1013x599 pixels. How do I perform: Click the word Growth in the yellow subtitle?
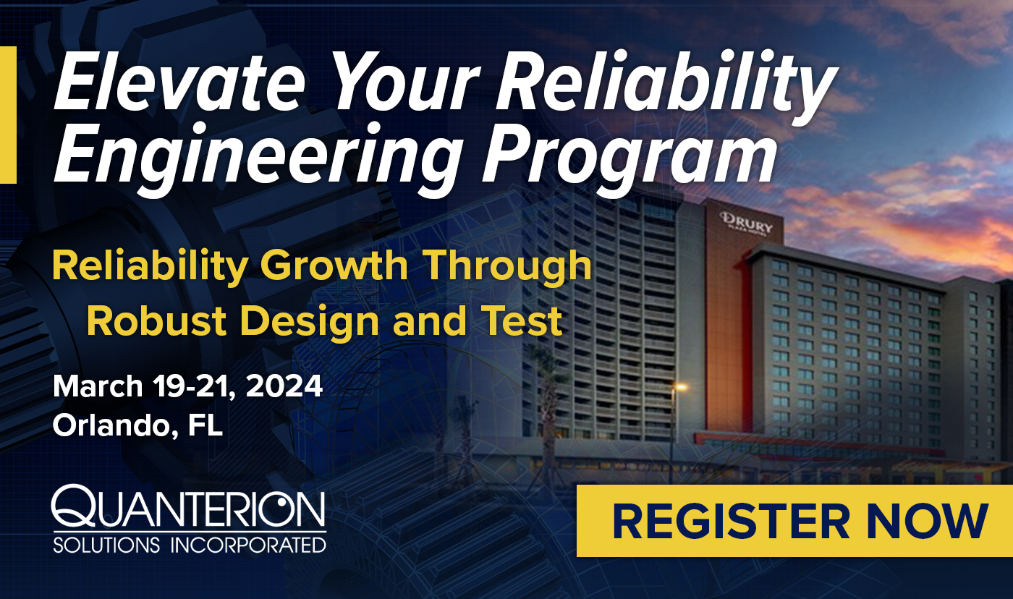334,268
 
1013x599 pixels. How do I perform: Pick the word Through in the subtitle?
509,268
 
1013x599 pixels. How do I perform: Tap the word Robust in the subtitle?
156,321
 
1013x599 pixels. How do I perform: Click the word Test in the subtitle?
522,321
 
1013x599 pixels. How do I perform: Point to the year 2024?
284,386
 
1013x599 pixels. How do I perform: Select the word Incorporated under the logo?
248,545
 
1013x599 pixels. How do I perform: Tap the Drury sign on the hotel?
746,224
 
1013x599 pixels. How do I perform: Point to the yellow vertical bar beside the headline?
8,115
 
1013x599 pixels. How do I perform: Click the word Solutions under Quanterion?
107,545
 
